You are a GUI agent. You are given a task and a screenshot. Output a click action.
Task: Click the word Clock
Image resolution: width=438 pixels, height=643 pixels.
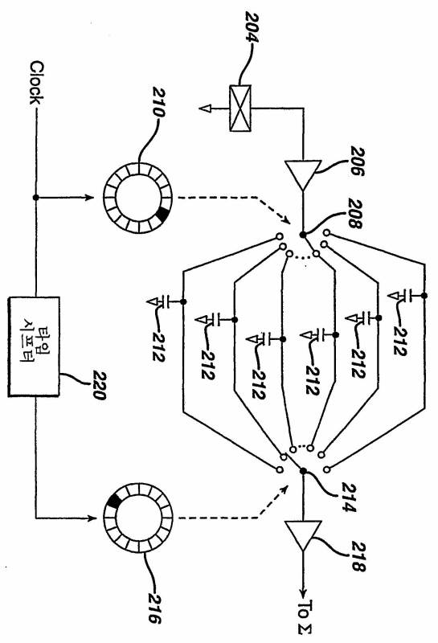point(36,83)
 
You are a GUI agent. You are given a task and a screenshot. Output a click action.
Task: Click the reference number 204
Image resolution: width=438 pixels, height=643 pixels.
point(252,27)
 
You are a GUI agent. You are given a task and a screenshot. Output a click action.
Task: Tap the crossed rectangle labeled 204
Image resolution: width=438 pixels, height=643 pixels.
point(240,109)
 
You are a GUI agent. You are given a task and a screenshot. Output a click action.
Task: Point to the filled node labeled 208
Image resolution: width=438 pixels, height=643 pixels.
point(303,235)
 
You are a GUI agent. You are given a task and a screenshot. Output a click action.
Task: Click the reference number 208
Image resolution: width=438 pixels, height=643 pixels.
point(355,213)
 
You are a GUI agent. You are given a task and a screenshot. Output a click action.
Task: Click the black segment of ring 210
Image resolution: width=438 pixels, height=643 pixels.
point(163,214)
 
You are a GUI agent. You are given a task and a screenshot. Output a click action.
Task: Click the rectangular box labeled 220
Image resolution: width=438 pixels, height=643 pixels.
point(34,346)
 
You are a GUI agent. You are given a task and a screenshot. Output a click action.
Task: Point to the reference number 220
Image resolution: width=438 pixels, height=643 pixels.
point(99,385)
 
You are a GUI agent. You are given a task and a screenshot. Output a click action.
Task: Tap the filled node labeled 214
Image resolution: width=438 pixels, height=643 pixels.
point(303,471)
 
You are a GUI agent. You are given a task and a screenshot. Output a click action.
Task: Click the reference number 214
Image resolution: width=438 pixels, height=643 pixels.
point(349,498)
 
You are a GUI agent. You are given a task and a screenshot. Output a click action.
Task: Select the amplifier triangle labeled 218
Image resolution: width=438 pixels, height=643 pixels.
point(303,535)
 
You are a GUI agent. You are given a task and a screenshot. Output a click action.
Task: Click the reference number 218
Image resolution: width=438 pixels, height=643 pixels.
point(358,556)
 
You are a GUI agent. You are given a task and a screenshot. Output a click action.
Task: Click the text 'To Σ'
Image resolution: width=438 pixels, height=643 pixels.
point(305,618)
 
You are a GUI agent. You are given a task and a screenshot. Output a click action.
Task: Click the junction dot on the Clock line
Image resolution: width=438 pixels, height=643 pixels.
point(35,197)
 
